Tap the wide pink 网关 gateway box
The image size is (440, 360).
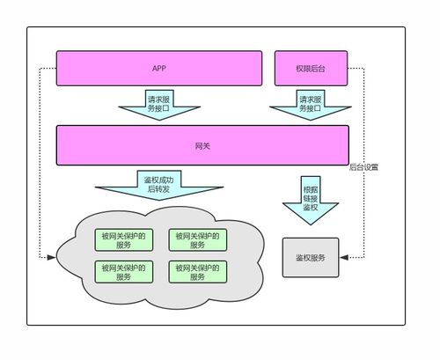point(202,144)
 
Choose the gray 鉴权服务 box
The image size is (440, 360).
point(310,257)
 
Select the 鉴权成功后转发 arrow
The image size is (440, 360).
point(159,184)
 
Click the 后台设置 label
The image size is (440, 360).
point(363,165)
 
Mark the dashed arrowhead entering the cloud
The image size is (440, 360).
point(51,258)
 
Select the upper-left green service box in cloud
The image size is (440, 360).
point(122,239)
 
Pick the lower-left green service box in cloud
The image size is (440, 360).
point(122,271)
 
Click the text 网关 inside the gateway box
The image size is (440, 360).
point(202,144)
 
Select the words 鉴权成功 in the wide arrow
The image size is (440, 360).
point(159,179)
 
